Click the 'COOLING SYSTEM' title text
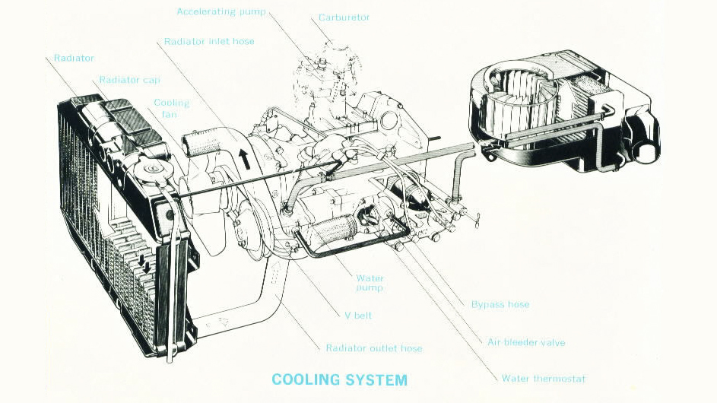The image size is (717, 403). [x=338, y=379]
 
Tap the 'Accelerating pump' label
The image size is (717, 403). [x=221, y=11]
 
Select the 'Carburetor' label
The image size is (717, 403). [x=344, y=17]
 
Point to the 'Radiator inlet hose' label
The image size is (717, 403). [x=209, y=41]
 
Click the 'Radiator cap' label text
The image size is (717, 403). [x=129, y=80]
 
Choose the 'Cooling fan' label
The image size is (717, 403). [x=171, y=108]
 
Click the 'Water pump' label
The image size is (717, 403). [x=370, y=283]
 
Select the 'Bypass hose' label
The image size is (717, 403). [x=500, y=304]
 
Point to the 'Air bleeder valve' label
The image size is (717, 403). [x=525, y=342]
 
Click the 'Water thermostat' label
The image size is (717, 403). [x=543, y=378]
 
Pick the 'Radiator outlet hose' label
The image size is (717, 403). [x=373, y=348]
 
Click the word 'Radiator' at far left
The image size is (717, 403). [x=74, y=58]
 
